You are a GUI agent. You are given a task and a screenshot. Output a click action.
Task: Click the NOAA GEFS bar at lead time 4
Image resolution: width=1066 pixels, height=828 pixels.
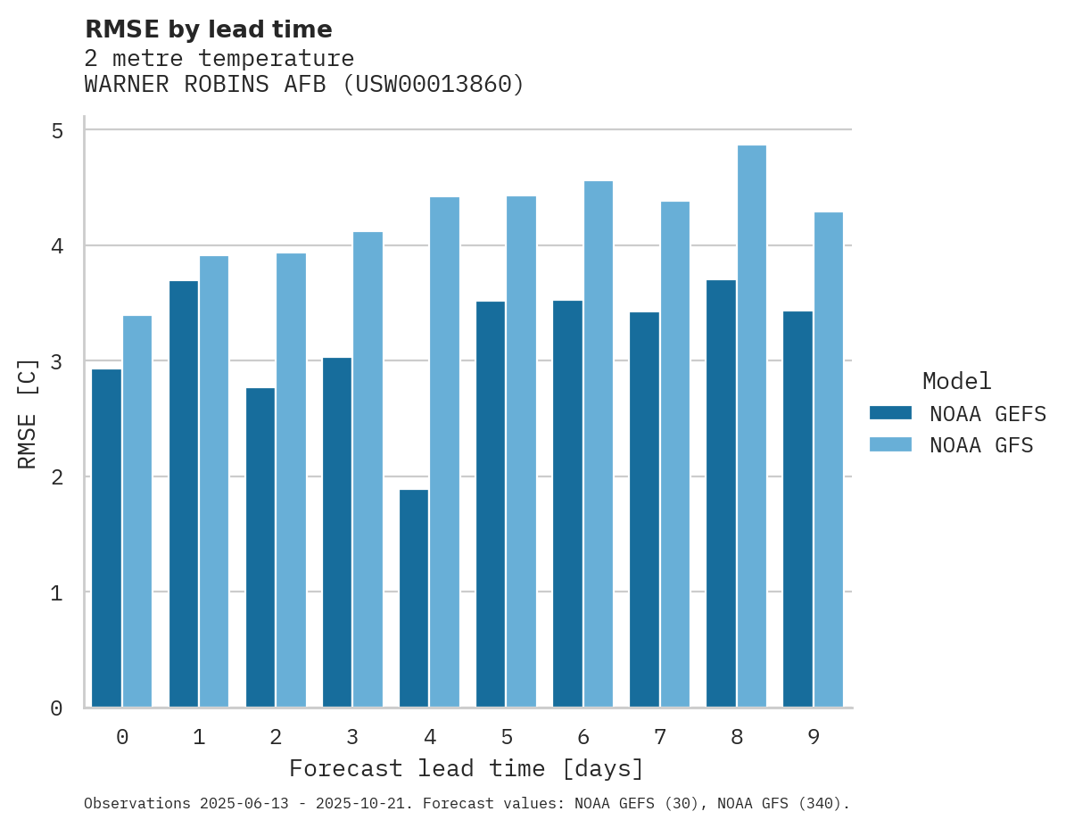pyautogui.click(x=414, y=598)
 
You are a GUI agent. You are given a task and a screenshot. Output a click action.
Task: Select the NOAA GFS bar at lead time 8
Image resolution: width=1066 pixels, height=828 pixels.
pyautogui.click(x=752, y=426)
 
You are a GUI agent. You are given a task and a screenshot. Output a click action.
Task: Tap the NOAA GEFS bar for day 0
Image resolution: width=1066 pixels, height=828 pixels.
pyautogui.click(x=107, y=538)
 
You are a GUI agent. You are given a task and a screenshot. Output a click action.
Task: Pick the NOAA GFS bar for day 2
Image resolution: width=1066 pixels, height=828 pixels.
pyautogui.click(x=291, y=480)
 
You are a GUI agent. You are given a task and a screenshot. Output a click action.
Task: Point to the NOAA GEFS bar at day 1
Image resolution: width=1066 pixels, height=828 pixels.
pyautogui.click(x=184, y=493)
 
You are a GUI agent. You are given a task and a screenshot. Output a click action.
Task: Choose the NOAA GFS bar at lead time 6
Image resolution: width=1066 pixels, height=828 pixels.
pyautogui.click(x=599, y=444)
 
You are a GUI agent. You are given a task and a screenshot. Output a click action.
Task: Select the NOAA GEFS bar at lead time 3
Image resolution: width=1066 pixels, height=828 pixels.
pyautogui.click(x=337, y=532)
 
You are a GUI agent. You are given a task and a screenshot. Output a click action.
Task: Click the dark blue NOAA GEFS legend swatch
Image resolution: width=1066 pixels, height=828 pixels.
pyautogui.click(x=890, y=413)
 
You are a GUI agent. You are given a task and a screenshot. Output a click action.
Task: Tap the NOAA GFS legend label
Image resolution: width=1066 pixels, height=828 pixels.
pyautogui.click(x=981, y=445)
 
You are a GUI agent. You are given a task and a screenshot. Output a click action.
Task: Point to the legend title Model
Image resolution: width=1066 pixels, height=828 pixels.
pyautogui.click(x=957, y=382)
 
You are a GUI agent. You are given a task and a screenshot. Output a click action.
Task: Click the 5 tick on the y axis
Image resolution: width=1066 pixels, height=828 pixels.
pyautogui.click(x=57, y=131)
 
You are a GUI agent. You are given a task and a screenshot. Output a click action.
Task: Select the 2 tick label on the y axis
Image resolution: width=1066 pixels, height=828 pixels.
pyautogui.click(x=57, y=477)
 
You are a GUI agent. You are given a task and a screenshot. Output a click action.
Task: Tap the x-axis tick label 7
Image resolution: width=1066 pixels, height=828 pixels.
pyautogui.click(x=660, y=737)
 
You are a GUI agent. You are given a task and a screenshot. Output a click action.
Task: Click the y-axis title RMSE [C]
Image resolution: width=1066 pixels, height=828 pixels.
pyautogui.click(x=28, y=413)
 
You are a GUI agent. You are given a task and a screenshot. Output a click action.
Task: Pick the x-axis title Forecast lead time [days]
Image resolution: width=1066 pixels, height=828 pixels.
pyautogui.click(x=466, y=768)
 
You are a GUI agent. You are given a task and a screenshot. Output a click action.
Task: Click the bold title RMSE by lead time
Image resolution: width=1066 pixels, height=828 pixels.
pyautogui.click(x=208, y=29)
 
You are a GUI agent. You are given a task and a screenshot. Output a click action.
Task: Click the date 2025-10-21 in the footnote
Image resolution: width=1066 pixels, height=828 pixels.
pyautogui.click(x=366, y=804)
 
